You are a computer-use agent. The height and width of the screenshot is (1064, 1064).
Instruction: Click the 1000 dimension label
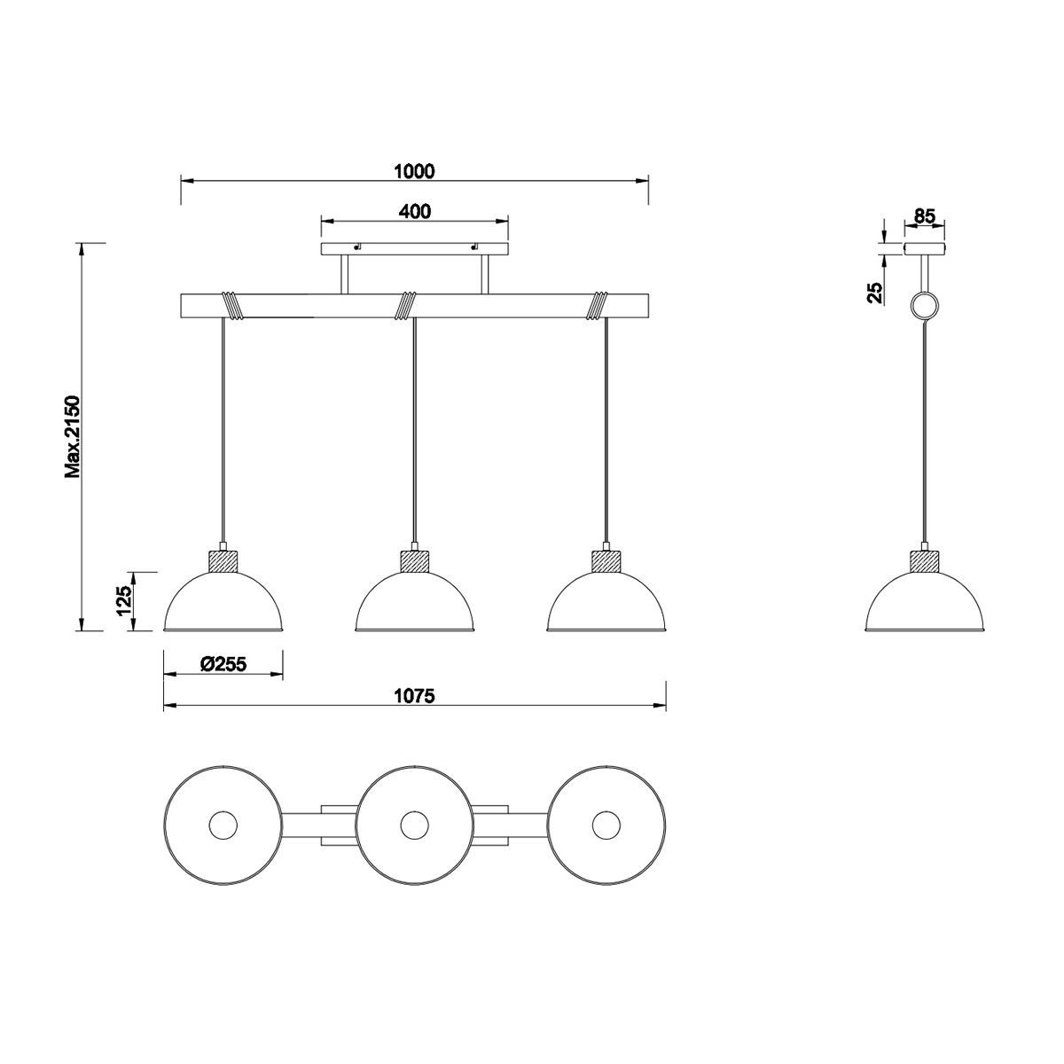coord(414,171)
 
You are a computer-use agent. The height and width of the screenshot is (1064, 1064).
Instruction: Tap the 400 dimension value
coord(415,211)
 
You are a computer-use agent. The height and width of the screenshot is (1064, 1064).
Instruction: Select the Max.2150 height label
coord(73,436)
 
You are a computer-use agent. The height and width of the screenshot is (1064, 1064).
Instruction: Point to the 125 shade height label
coord(123,601)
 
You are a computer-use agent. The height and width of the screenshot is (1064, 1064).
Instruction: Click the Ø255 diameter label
coord(223,664)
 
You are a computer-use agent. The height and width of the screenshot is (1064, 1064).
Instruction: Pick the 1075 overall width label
coord(415,696)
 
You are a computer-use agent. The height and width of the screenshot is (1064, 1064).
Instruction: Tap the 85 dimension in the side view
coord(925,215)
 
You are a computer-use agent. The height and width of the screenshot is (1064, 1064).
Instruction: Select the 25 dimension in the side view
coord(875,293)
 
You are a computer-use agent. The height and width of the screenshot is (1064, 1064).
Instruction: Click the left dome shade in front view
coord(223,601)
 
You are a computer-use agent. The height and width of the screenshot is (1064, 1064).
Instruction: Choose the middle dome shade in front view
coord(414,601)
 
